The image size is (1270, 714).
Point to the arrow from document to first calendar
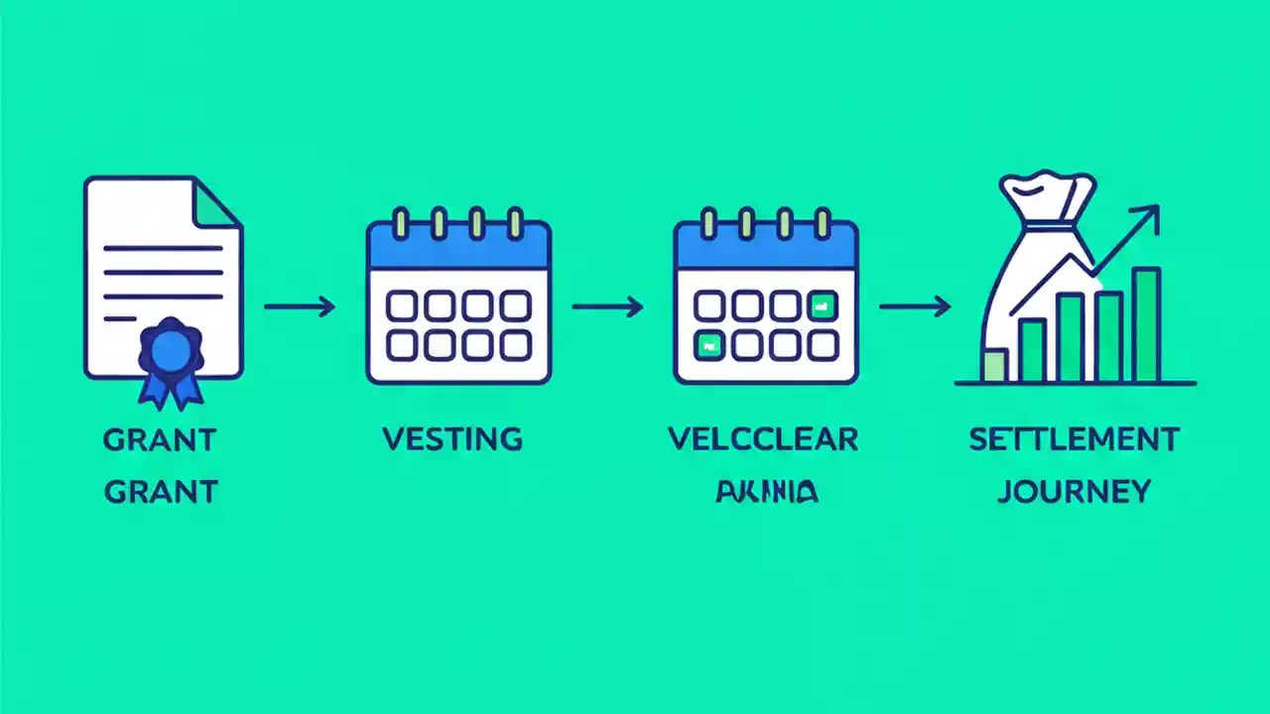click(x=300, y=306)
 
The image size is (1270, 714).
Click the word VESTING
click(x=452, y=439)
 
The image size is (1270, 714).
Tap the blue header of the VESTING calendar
click(x=458, y=246)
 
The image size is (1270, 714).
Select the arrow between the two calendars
click(x=607, y=306)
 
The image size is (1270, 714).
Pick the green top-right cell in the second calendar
click(x=823, y=306)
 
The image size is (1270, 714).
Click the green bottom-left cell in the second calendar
click(x=709, y=345)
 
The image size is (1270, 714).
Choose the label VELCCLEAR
click(x=763, y=439)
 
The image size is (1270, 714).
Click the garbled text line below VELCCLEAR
click(x=766, y=490)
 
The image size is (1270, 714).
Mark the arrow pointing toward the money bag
click(x=915, y=306)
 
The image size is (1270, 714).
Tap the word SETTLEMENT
click(x=1074, y=439)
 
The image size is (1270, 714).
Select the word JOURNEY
click(x=1074, y=490)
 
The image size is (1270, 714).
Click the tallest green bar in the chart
click(x=1146, y=325)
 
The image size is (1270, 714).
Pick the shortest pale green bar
click(x=993, y=366)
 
